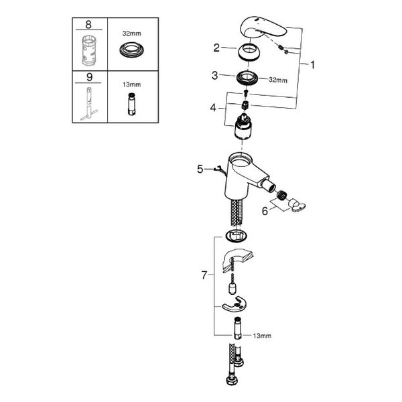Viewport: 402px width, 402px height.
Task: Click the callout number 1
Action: click(x=312, y=65)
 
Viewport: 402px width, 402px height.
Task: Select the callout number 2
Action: click(x=216, y=48)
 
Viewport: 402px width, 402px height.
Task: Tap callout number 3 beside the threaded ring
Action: click(x=215, y=75)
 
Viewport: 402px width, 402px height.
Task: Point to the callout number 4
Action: click(x=213, y=108)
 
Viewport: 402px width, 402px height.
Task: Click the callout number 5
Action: click(x=200, y=170)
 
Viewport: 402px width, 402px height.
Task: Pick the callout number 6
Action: click(x=265, y=211)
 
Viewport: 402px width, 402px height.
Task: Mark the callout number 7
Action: click(x=204, y=275)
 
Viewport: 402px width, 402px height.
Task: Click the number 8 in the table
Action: click(x=88, y=25)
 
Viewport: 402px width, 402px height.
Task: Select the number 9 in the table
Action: click(x=89, y=77)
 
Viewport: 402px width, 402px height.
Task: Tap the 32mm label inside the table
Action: click(x=132, y=33)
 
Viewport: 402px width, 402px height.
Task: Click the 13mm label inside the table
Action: click(x=132, y=84)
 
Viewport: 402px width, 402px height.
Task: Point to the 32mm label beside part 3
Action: click(x=278, y=80)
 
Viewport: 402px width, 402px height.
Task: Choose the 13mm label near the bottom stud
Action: click(x=262, y=336)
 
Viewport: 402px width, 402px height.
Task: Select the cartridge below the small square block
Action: click(x=243, y=127)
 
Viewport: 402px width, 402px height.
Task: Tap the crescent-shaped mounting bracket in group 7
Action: click(x=232, y=305)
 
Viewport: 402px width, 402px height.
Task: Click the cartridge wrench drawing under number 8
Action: click(x=89, y=51)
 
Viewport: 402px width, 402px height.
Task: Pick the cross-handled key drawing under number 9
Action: click(x=89, y=103)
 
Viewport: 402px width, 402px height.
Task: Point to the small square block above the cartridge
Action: click(x=245, y=105)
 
